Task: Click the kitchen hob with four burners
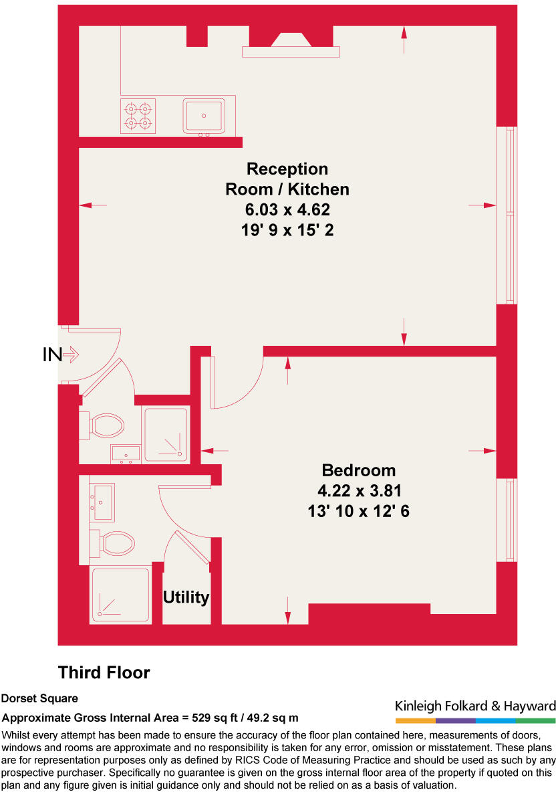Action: pyautogui.click(x=138, y=115)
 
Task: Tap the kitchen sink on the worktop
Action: pyautogui.click(x=204, y=115)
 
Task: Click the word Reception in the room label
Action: pyautogui.click(x=287, y=169)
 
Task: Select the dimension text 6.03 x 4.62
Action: pyautogui.click(x=287, y=210)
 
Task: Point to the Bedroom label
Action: pyautogui.click(x=359, y=470)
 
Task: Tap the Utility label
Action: pyautogui.click(x=186, y=597)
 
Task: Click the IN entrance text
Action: pyautogui.click(x=51, y=355)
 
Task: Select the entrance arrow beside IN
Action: pyautogui.click(x=72, y=355)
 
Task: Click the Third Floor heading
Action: pyautogui.click(x=104, y=672)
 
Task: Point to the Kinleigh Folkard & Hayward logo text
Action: pyautogui.click(x=475, y=706)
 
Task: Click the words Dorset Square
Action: pyautogui.click(x=39, y=698)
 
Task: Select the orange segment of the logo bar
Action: pyautogui.click(x=415, y=720)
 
